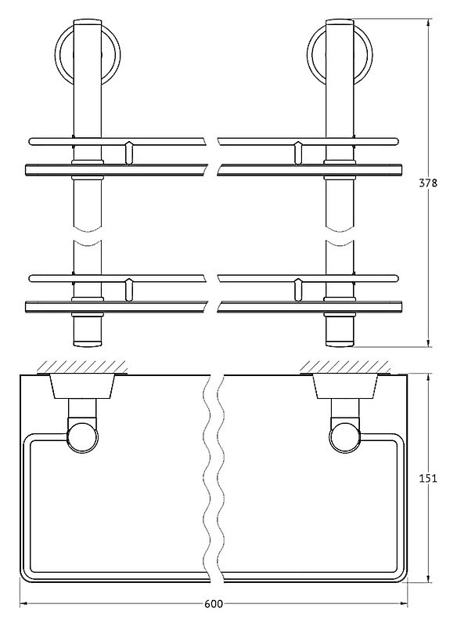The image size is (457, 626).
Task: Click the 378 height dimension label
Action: [428, 183]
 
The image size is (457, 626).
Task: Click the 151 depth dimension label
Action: [428, 478]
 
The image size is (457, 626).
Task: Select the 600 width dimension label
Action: [214, 615]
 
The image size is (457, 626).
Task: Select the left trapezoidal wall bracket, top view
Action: [82, 386]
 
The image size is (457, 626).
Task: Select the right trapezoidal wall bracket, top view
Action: [345, 386]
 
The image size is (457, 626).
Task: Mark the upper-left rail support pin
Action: [128, 152]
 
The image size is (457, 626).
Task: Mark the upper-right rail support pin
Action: [298, 152]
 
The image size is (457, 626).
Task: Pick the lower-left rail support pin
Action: [128, 289]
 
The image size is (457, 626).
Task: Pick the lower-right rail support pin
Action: [298, 289]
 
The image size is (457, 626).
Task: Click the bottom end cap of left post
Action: [88, 342]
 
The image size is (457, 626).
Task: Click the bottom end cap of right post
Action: [340, 342]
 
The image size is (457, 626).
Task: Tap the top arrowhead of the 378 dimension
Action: [428, 24]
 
